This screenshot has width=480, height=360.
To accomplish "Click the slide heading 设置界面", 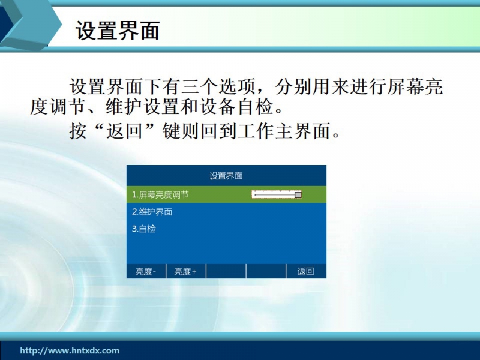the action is click(x=118, y=31).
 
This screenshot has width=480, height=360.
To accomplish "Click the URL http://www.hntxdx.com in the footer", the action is click(x=70, y=350).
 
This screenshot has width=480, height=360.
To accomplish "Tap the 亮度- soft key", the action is click(x=146, y=272).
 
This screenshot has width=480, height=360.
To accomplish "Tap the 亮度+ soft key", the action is click(x=186, y=272).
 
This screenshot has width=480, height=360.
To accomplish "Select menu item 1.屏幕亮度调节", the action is click(x=160, y=194).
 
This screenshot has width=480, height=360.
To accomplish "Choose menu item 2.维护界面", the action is click(x=152, y=212).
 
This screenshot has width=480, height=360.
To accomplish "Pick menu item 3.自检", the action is click(x=143, y=229).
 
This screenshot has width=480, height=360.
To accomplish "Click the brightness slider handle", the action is click(x=298, y=194).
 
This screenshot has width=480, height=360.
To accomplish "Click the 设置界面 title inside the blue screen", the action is click(x=226, y=176).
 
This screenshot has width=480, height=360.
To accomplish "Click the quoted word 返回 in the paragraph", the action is click(x=125, y=131).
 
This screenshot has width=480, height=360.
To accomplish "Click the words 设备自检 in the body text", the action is click(x=236, y=107).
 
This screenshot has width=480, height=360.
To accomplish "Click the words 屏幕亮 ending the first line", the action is click(x=415, y=86).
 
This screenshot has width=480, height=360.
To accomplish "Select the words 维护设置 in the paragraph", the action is click(x=143, y=107).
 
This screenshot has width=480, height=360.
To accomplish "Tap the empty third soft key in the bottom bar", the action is click(x=226, y=272).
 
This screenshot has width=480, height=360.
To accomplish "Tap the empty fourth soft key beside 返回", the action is click(x=266, y=272).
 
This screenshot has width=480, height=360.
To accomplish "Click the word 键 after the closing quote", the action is click(x=172, y=131).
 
